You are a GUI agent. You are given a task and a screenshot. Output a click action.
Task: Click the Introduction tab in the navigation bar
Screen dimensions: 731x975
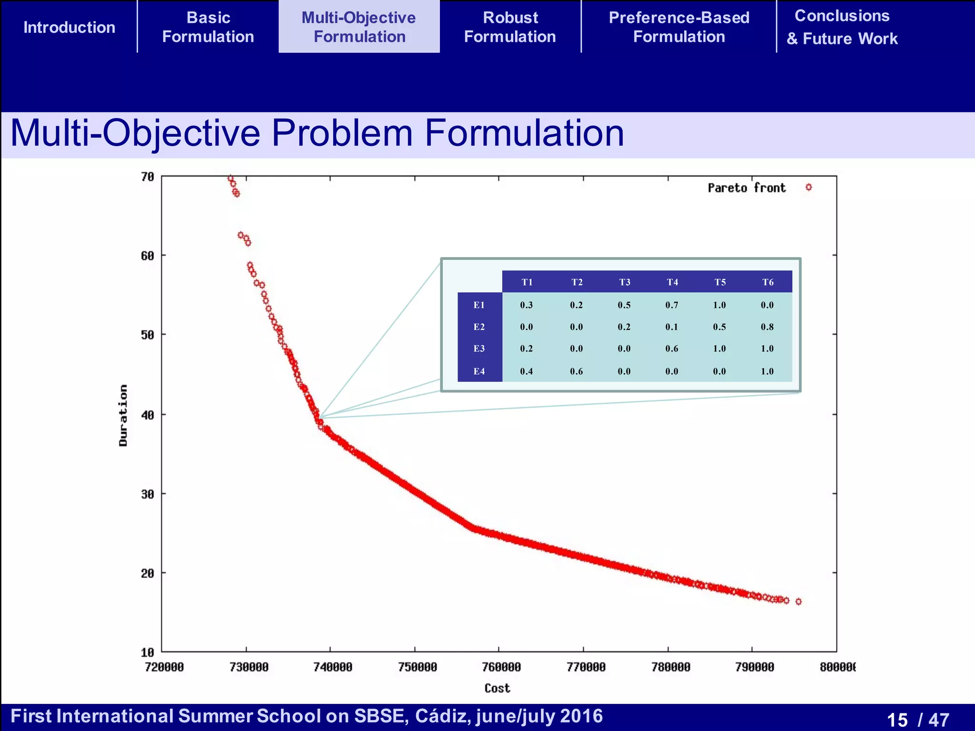[70, 28]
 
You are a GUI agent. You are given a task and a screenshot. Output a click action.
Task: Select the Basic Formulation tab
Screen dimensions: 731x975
[208, 27]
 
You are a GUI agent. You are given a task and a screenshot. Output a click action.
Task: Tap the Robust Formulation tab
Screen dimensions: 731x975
[510, 27]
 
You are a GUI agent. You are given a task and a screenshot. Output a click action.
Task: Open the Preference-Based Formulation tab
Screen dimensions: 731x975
[679, 27]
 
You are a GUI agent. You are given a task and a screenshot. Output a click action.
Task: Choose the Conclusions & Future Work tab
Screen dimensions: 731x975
[842, 27]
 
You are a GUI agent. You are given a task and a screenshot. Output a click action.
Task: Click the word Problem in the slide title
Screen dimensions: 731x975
[342, 133]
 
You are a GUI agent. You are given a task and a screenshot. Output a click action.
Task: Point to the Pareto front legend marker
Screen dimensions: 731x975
[808, 188]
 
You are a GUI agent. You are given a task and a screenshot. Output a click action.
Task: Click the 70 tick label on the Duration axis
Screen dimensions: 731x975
[148, 177]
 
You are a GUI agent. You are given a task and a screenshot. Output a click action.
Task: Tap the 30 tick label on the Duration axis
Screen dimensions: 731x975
[148, 494]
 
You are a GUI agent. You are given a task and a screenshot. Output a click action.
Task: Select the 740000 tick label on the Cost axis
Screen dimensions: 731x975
[332, 667]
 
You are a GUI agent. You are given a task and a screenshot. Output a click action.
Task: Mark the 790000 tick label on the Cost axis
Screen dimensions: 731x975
[755, 667]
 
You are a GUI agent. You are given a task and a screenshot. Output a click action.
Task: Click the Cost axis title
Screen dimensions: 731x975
[497, 688]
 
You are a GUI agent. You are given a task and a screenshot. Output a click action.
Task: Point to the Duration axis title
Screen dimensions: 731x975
[123, 415]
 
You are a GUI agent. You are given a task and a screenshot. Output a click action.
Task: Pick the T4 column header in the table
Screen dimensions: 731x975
[672, 282]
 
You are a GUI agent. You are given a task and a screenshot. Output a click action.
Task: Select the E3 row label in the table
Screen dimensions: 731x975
[479, 349]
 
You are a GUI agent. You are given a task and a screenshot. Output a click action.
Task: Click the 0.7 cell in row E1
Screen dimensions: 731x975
[672, 305]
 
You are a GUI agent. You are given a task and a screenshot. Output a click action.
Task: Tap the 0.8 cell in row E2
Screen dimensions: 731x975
[767, 327]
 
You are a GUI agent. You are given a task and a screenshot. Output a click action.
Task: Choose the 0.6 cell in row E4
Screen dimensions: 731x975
[576, 371]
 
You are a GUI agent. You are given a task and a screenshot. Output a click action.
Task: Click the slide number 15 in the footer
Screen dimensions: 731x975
[897, 720]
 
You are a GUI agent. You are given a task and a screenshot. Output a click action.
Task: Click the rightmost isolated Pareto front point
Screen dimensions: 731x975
[798, 602]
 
